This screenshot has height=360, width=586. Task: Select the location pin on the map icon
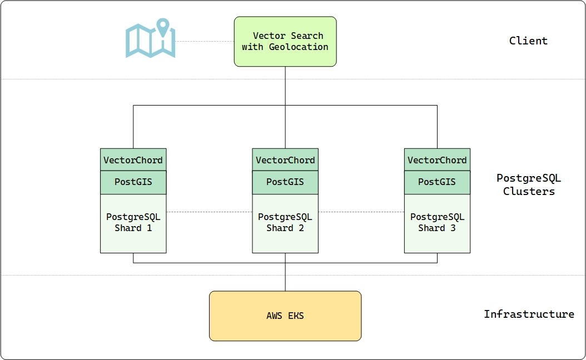[162, 27]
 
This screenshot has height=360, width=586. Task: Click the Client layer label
[528, 41]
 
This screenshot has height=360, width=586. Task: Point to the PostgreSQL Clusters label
[528, 185]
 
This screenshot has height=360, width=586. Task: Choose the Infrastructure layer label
[528, 314]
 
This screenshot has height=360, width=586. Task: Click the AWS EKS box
[285, 316]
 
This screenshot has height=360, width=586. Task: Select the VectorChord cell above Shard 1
[133, 160]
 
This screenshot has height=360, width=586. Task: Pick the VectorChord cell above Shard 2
[285, 160]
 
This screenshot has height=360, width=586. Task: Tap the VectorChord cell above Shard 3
[437, 160]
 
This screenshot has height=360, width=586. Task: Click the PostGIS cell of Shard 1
[133, 182]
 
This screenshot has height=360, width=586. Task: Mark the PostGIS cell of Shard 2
[285, 182]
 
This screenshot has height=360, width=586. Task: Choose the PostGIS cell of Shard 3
[437, 182]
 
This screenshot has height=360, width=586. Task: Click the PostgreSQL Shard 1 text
[133, 222]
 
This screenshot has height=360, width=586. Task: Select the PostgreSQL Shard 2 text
[285, 222]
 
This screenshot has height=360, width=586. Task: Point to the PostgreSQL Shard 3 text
[437, 222]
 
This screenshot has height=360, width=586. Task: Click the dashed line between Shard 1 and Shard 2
[209, 212]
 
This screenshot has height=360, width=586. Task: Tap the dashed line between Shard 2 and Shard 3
[361, 212]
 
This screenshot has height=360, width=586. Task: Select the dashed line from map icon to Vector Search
[205, 41]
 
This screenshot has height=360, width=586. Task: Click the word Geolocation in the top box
[299, 47]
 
